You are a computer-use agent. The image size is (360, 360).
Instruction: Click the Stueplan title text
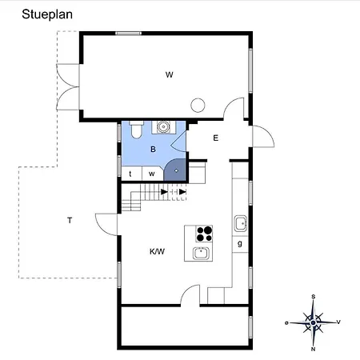47,14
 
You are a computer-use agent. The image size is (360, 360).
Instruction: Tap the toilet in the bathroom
137,130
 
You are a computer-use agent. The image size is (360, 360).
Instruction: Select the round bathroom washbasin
162,127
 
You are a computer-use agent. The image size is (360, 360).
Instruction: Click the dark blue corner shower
174,170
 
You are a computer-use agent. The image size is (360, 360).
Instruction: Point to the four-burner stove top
204,234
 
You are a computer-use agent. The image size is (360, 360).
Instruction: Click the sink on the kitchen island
202,253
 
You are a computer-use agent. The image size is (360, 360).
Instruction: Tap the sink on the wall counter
241,223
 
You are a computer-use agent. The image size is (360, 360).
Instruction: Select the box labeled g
240,244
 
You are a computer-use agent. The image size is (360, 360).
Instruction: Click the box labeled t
131,174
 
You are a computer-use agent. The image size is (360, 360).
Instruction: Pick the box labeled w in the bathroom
152,174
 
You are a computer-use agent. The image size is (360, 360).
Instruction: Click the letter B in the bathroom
153,150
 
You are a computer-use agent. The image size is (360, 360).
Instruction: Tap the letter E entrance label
216,138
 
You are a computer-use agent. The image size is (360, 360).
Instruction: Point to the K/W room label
157,251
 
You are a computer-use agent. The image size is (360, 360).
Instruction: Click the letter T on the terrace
70,221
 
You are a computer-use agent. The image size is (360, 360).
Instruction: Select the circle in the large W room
198,105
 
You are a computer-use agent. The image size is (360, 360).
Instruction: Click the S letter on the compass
314,297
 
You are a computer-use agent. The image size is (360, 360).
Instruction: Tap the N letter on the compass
313,349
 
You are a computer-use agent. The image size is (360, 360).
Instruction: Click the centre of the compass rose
314,323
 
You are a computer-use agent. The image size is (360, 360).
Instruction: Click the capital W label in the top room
170,74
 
